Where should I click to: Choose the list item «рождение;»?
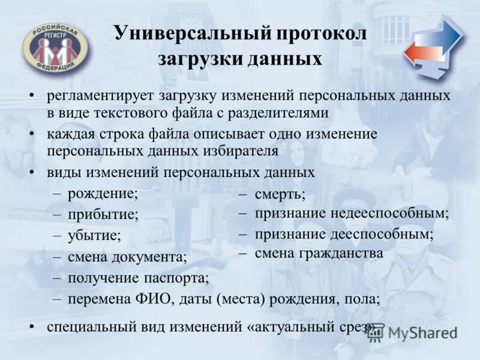point(103,193)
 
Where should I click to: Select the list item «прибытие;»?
point(103,214)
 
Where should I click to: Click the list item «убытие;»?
point(94,236)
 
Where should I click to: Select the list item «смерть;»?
point(280,193)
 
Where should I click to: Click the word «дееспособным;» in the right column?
point(381,234)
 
